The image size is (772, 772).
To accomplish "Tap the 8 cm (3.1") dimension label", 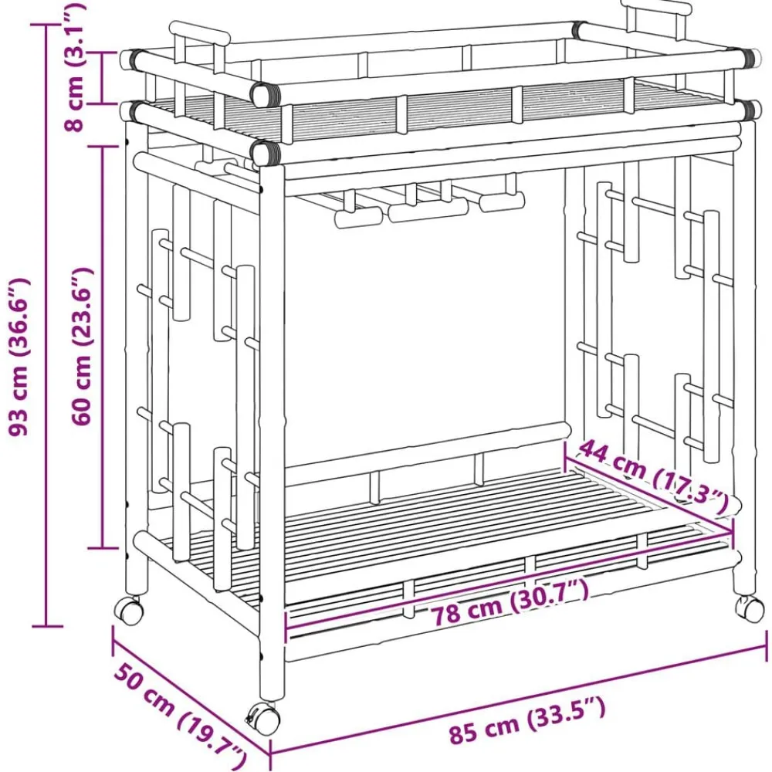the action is (x=75, y=66).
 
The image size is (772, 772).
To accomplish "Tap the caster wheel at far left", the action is (x=128, y=611).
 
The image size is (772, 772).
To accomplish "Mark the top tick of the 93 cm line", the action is (x=47, y=24).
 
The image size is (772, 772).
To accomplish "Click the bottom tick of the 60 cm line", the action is (x=103, y=547).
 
